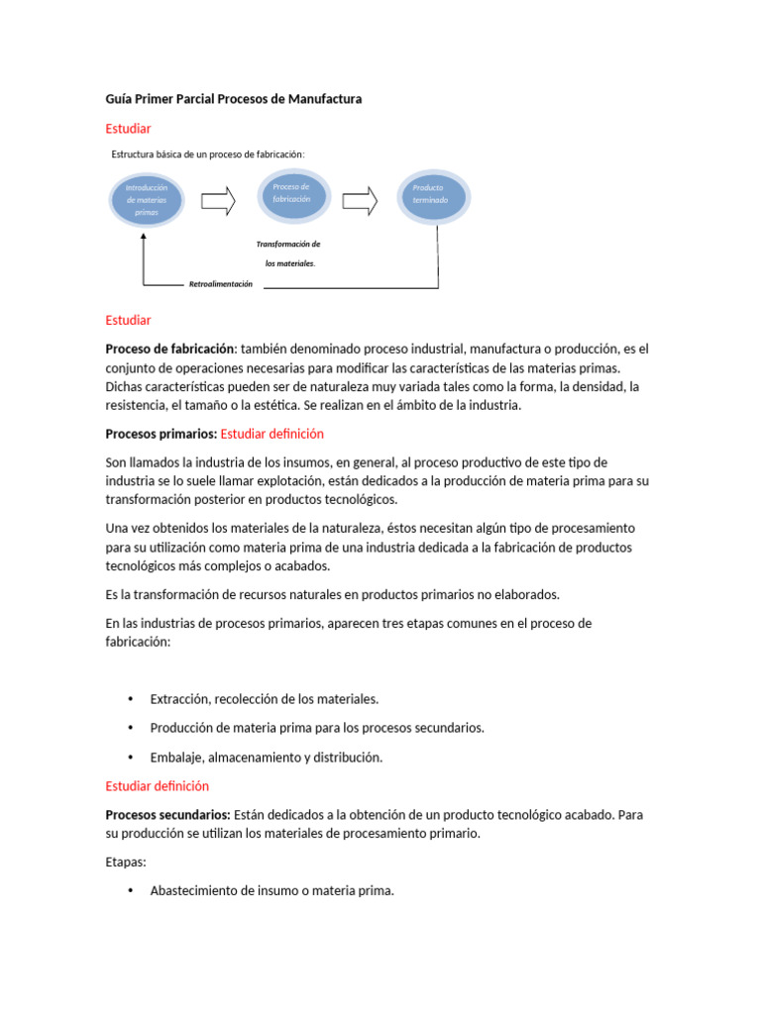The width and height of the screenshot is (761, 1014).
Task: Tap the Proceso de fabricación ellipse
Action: [291, 193]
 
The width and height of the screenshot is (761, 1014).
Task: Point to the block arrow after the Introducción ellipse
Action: [218, 201]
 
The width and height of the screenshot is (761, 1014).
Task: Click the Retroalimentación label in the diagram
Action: [220, 284]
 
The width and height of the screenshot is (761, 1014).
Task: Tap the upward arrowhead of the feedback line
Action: [144, 238]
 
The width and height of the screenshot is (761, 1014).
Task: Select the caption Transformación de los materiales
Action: [288, 253]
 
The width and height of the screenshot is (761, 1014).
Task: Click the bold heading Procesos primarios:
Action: [161, 434]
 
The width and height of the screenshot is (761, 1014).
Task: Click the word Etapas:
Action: [126, 862]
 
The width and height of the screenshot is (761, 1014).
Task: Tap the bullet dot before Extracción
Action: [131, 699]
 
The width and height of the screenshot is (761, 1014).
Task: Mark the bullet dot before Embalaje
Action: [131, 758]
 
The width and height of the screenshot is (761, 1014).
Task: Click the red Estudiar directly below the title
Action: [128, 129]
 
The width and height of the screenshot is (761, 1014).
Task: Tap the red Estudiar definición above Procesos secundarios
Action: [158, 786]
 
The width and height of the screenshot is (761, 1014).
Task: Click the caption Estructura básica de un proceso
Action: [208, 154]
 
